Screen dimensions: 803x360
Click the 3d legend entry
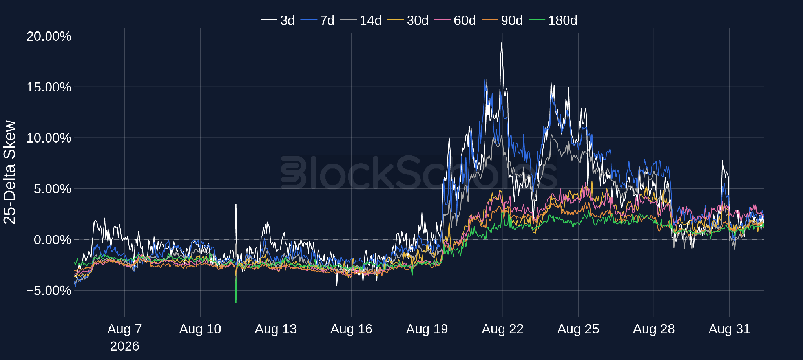pyautogui.click(x=278, y=20)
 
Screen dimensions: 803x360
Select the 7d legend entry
pyautogui.click(x=318, y=20)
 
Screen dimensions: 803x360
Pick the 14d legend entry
pyautogui.click(x=361, y=20)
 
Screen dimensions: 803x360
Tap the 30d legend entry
pyautogui.click(x=408, y=20)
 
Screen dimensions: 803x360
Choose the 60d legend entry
pyautogui.click(x=455, y=20)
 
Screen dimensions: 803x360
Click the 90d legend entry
pyautogui.click(x=502, y=20)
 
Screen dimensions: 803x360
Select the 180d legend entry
pyautogui.click(x=553, y=20)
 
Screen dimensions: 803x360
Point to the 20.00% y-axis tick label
pyautogui.click(x=49, y=36)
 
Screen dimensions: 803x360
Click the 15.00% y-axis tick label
pyautogui.click(x=49, y=87)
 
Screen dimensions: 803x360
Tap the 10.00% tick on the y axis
pyautogui.click(x=49, y=138)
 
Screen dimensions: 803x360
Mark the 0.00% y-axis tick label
pyautogui.click(x=52, y=239)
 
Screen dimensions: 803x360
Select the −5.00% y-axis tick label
pyautogui.click(x=49, y=291)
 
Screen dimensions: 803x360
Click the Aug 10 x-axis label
pyautogui.click(x=200, y=329)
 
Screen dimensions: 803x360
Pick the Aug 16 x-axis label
pyautogui.click(x=351, y=329)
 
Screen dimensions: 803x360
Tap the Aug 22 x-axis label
pyautogui.click(x=503, y=329)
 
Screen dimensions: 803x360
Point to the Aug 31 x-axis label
pyautogui.click(x=730, y=329)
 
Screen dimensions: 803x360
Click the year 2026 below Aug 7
pyautogui.click(x=124, y=346)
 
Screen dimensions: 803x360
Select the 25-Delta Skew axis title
pyautogui.click(x=9, y=172)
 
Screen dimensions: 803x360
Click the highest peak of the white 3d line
pyautogui.click(x=502, y=43)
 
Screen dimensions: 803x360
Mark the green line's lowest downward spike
pyautogui.click(x=236, y=302)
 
